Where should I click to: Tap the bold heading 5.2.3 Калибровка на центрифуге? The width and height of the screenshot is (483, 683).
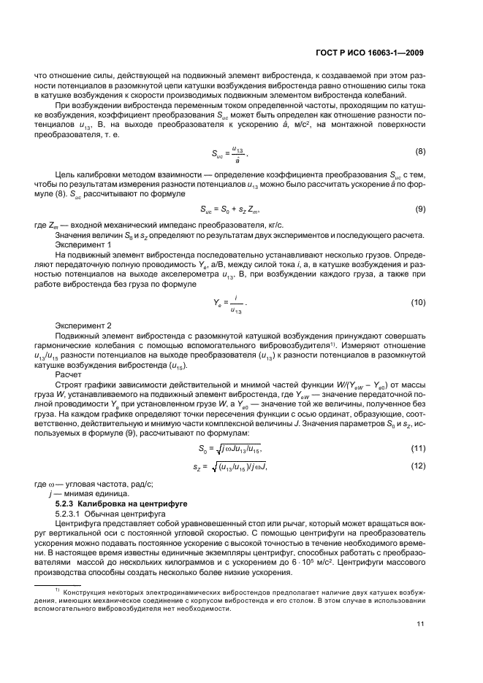pos(118,503)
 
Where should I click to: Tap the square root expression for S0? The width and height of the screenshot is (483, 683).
pos(238,449)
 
